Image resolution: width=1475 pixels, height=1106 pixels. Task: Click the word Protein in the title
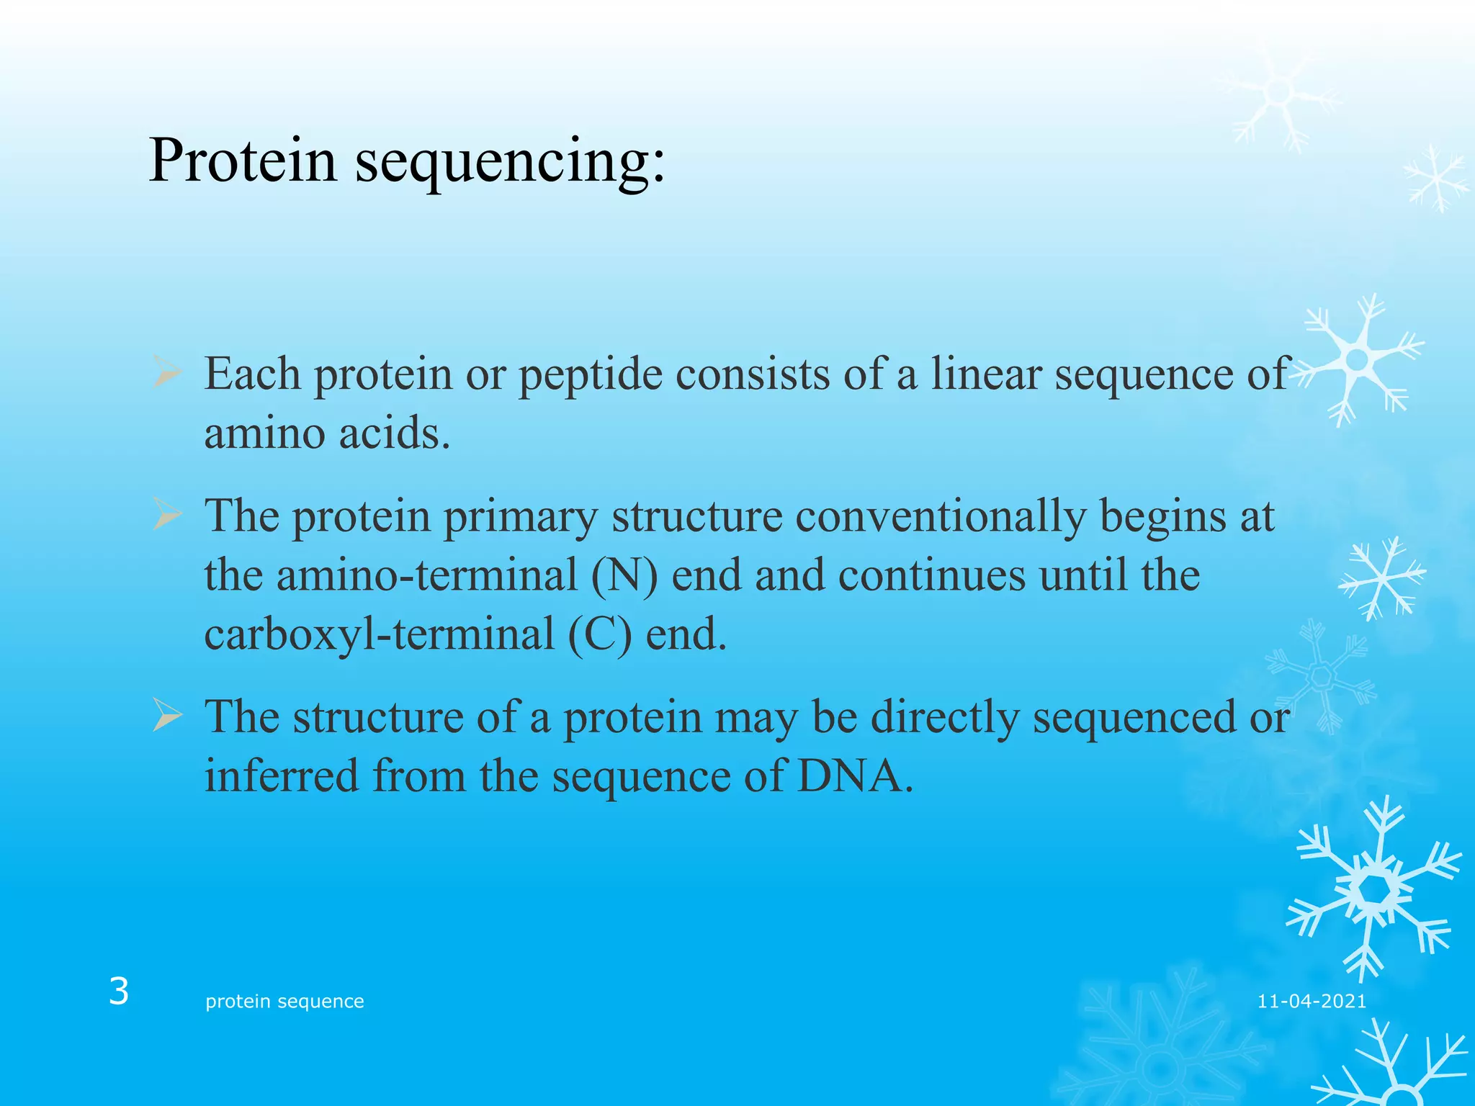tap(243, 160)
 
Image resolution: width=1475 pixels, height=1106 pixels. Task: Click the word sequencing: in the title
tap(511, 163)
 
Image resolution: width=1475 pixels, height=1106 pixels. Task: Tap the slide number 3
tap(119, 992)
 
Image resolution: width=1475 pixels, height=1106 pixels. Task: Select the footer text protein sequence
tap(284, 1002)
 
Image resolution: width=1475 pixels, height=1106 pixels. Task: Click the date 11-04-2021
tap(1312, 1002)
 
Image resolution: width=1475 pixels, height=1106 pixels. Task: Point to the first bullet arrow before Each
tap(166, 374)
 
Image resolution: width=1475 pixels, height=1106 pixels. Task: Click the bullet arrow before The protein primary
tap(166, 516)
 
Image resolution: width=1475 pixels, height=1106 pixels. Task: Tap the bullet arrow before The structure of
tap(166, 717)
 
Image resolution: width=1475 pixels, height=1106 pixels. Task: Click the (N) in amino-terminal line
tap(624, 576)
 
